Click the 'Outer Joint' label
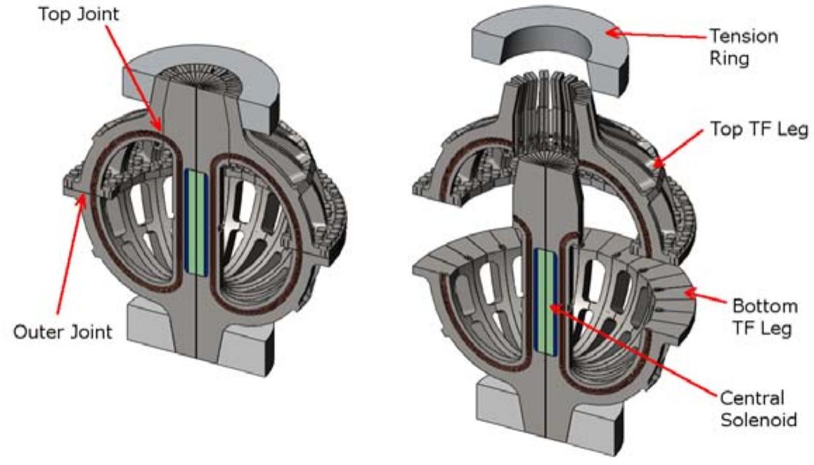[x=63, y=331]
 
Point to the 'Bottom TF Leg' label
[x=765, y=317]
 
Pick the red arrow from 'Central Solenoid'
[x=633, y=352]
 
